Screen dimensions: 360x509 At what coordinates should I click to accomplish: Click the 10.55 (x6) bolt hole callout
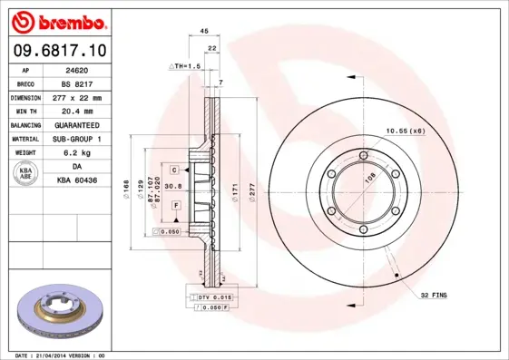point(406,132)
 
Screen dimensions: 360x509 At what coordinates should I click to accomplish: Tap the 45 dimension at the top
point(204,31)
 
